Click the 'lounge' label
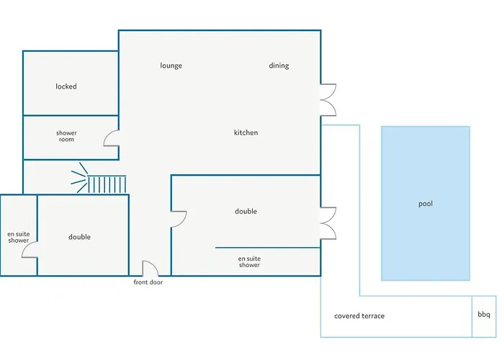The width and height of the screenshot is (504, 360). click(171, 66)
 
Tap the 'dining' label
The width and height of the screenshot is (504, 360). click(279, 66)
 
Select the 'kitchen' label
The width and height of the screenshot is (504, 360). click(246, 132)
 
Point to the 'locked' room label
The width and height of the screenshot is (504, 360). click(66, 86)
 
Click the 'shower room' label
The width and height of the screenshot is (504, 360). click(66, 136)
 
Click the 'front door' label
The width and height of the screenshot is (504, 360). click(153, 282)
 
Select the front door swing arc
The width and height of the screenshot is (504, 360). click(150, 268)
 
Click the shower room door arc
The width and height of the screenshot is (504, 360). click(112, 138)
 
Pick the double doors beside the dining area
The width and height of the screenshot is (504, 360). click(328, 99)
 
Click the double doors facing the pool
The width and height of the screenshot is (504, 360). click(328, 222)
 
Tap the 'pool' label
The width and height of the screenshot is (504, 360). click(426, 204)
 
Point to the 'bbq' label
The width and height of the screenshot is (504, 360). click(484, 315)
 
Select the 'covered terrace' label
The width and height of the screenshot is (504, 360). click(359, 316)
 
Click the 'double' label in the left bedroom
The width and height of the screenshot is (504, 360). click(79, 237)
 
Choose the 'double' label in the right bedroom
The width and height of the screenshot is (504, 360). click(246, 211)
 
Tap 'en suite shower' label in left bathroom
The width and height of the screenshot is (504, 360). click(18, 237)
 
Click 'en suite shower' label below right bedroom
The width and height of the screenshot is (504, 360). click(249, 261)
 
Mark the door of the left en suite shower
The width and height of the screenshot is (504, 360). click(30, 249)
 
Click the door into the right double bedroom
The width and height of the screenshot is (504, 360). click(179, 219)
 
